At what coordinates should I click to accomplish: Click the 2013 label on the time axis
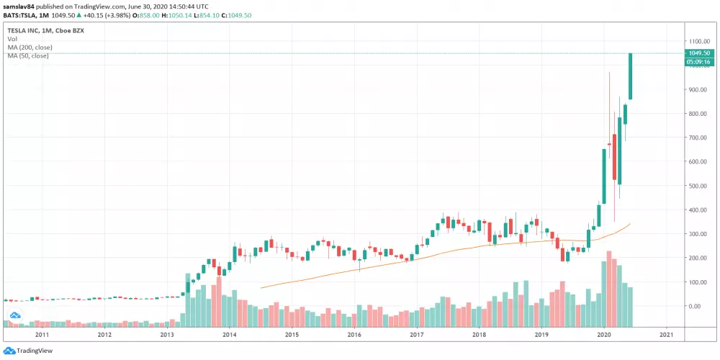[x=167, y=334]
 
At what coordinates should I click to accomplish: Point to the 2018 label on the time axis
[x=479, y=334]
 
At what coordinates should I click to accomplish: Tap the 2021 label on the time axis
[x=666, y=334]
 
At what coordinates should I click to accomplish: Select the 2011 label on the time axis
[x=42, y=334]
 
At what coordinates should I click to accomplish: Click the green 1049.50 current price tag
[x=699, y=53]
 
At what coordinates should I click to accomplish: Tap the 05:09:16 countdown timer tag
[x=699, y=62]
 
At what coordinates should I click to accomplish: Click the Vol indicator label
[x=12, y=40]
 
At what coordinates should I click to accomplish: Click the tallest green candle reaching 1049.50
[x=631, y=76]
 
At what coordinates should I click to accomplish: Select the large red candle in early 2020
[x=614, y=156]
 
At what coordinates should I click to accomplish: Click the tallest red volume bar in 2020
[x=608, y=288]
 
